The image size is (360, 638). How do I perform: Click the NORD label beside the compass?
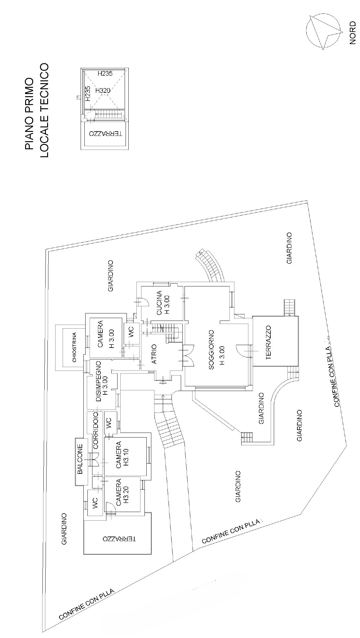pyautogui.click(x=352, y=33)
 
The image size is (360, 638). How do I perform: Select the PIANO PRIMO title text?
pyautogui.click(x=29, y=114)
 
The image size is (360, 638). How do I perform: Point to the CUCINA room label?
pyautogui.click(x=159, y=303)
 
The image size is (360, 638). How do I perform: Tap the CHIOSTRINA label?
pyautogui.click(x=74, y=347)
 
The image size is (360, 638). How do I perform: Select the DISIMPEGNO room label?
pyautogui.click(x=99, y=381)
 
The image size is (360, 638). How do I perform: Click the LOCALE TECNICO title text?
pyautogui.click(x=44, y=110)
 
